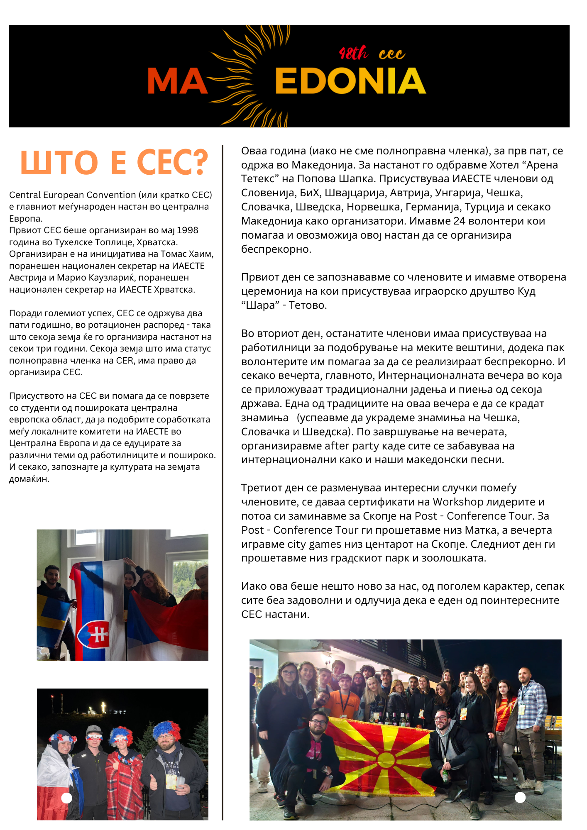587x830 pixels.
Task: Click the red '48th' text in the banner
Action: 353,53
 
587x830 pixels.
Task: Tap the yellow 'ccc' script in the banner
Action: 391,54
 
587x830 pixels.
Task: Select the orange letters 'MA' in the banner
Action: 177,81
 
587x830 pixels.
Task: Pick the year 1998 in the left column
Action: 188,230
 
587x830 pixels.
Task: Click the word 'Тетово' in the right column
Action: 308,305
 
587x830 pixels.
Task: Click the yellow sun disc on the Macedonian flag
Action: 386,760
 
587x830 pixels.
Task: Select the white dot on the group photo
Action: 520,797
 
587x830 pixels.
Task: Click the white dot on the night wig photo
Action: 66,798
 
